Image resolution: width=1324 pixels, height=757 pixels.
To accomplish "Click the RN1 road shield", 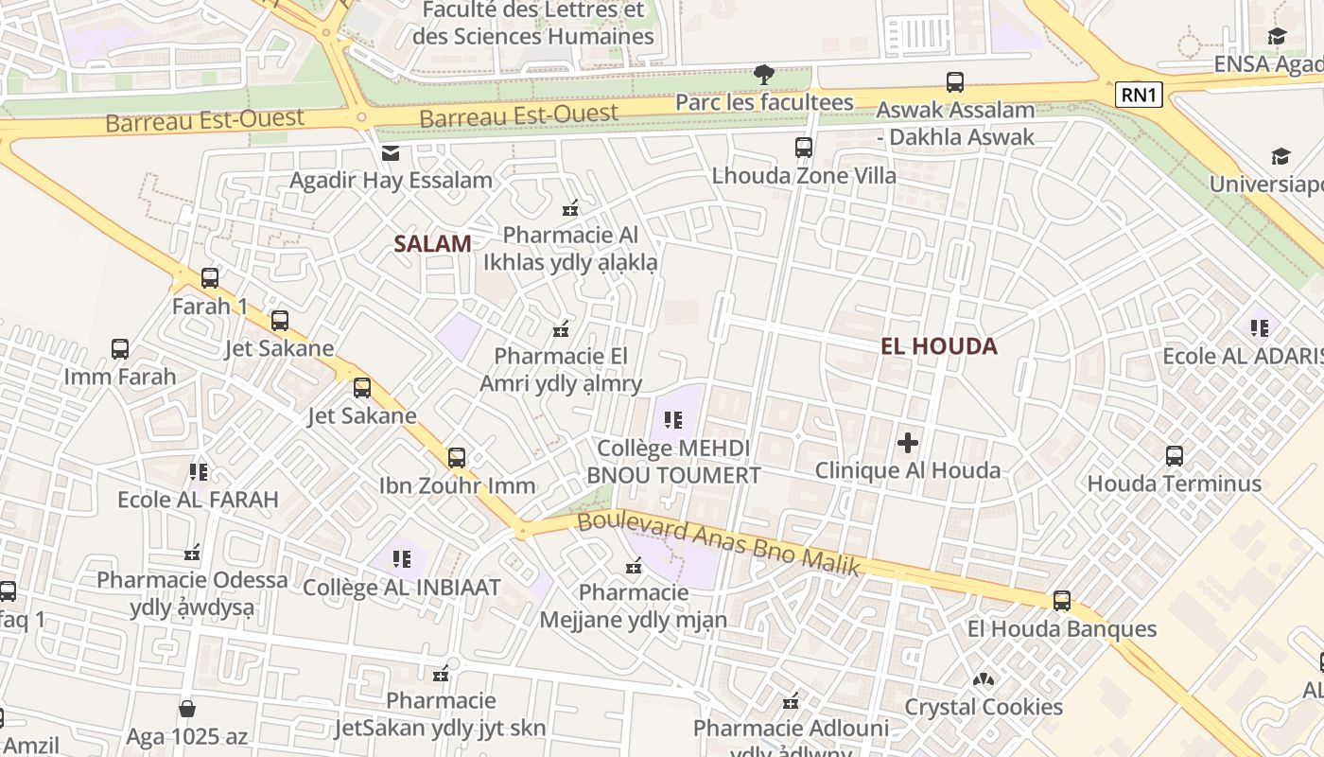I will [1139, 94].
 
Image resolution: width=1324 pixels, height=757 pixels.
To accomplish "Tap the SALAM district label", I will [432, 243].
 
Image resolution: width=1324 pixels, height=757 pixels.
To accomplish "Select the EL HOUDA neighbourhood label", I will [938, 345].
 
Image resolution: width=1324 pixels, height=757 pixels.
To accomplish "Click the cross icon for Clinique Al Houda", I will [908, 442].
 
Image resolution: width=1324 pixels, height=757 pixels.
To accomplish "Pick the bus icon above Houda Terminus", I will [1174, 456].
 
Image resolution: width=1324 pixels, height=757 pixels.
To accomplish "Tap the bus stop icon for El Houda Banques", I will [1062, 601].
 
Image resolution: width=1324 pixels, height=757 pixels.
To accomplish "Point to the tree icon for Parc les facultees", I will [764, 74].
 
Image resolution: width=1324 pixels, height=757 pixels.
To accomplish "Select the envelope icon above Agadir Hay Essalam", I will [390, 153].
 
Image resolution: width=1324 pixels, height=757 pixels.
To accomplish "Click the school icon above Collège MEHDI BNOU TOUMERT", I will [673, 419].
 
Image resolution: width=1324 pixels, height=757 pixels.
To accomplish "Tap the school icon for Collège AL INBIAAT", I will [401, 559].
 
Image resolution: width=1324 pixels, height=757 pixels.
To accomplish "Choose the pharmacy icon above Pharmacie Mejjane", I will [634, 566].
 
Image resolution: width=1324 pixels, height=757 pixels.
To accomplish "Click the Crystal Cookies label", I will [984, 707].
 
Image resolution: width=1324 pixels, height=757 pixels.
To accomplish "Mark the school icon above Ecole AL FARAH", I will [198, 471].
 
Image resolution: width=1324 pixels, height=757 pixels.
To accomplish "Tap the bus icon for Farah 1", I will [210, 278].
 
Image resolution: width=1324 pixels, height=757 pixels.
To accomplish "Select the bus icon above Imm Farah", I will [120, 349].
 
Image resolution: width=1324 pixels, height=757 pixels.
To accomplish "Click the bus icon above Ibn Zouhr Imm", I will [457, 458].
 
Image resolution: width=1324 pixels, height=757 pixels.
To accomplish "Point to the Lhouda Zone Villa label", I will [804, 175].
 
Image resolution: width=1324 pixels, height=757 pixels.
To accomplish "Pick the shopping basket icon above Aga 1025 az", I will [187, 709].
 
